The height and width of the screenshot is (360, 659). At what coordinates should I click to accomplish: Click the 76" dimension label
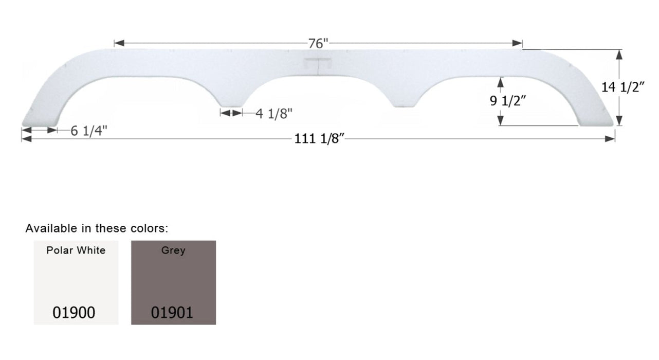point(318,44)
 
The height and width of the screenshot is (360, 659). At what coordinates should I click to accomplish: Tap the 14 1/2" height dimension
point(623,87)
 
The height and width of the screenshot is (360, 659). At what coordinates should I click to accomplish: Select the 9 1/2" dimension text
point(507,101)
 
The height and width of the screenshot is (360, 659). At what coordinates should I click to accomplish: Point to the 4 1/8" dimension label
point(273,114)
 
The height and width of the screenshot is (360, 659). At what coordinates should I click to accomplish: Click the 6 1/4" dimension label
point(89,131)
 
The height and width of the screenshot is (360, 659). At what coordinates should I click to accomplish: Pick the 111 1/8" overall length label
point(319,139)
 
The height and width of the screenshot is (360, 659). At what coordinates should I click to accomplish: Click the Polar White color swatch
point(76,282)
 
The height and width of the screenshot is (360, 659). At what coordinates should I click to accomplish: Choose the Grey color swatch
point(173,282)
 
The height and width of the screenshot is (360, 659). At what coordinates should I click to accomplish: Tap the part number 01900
point(74,312)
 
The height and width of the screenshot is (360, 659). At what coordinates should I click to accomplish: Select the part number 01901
point(172,312)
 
